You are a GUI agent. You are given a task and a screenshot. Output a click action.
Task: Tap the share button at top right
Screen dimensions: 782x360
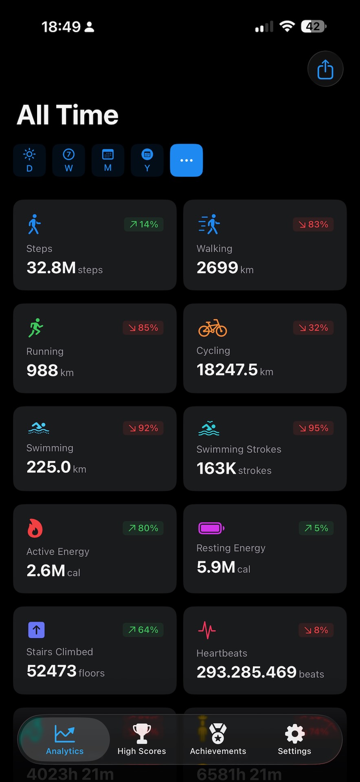pyautogui.click(x=325, y=69)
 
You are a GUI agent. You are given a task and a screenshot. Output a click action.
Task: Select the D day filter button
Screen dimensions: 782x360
pyautogui.click(x=29, y=160)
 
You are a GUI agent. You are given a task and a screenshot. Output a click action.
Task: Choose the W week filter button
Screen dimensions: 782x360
pyautogui.click(x=68, y=160)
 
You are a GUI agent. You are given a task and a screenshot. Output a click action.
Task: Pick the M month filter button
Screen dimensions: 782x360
pyautogui.click(x=108, y=160)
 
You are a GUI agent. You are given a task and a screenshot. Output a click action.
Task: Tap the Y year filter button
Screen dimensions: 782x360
pyautogui.click(x=147, y=160)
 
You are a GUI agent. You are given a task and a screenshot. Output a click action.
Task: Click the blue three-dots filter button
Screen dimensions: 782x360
pyautogui.click(x=187, y=160)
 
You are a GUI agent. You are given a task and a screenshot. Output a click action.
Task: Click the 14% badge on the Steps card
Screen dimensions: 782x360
pyautogui.click(x=144, y=224)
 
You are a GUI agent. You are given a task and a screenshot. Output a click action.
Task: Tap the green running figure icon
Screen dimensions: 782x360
pyautogui.click(x=35, y=327)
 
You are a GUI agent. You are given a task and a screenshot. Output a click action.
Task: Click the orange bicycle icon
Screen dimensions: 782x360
pyautogui.click(x=213, y=328)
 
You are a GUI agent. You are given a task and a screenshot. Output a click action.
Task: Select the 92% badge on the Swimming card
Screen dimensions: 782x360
pyautogui.click(x=143, y=428)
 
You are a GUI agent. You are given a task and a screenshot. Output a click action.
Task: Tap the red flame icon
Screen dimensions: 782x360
pyautogui.click(x=35, y=528)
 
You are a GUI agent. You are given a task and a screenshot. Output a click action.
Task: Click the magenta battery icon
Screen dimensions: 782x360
pyautogui.click(x=211, y=528)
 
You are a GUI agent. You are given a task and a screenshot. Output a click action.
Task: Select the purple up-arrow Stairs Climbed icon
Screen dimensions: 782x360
pyautogui.click(x=36, y=630)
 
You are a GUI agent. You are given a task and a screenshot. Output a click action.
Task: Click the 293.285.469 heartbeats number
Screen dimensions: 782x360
pyautogui.click(x=246, y=672)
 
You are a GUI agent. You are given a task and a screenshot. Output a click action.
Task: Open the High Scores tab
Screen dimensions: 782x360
pyautogui.click(x=142, y=739)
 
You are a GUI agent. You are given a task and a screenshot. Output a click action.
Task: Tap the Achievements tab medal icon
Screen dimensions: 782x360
pyautogui.click(x=218, y=734)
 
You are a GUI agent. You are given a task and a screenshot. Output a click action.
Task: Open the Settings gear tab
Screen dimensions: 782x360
pyautogui.click(x=294, y=739)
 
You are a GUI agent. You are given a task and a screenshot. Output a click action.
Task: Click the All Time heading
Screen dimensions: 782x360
pyautogui.click(x=68, y=115)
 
